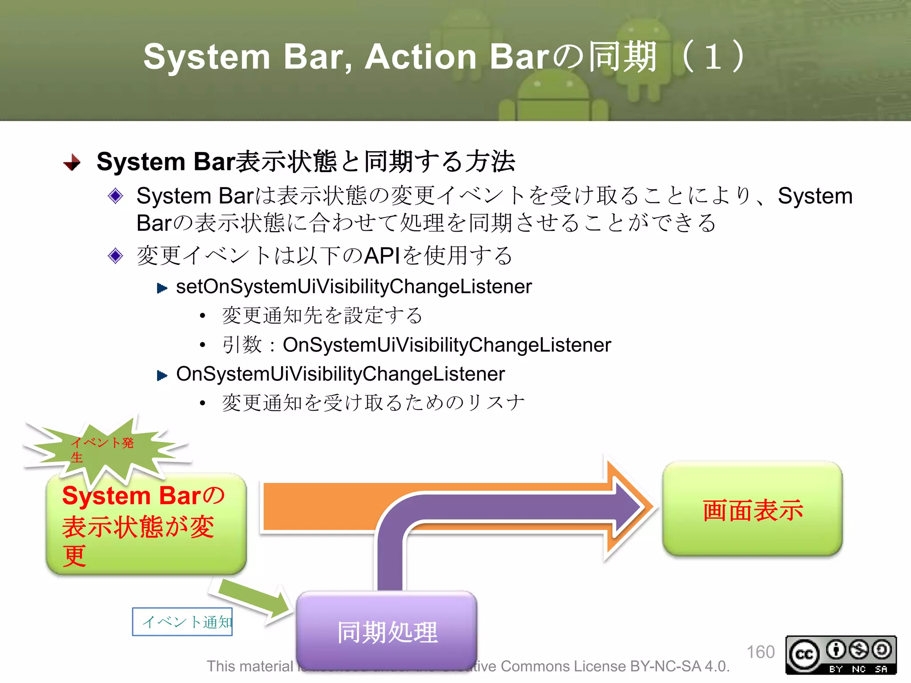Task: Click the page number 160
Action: coord(760,652)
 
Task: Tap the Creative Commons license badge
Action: coord(841,655)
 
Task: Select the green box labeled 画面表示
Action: coord(752,509)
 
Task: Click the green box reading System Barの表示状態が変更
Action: coord(146,525)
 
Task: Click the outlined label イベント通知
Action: coord(182,622)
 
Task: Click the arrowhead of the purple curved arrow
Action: coord(629,506)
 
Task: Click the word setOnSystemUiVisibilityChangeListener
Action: coord(354,286)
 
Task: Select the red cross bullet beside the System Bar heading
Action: coord(72,162)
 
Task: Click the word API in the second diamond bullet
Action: coord(382,256)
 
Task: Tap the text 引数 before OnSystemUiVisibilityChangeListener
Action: coord(242,345)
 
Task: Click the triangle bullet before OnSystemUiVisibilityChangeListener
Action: coord(162,376)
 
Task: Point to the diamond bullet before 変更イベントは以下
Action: coord(116,256)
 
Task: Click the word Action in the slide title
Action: coord(421,57)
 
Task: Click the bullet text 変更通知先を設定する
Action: coord(322,315)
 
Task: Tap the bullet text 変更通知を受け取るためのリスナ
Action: coord(373,402)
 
